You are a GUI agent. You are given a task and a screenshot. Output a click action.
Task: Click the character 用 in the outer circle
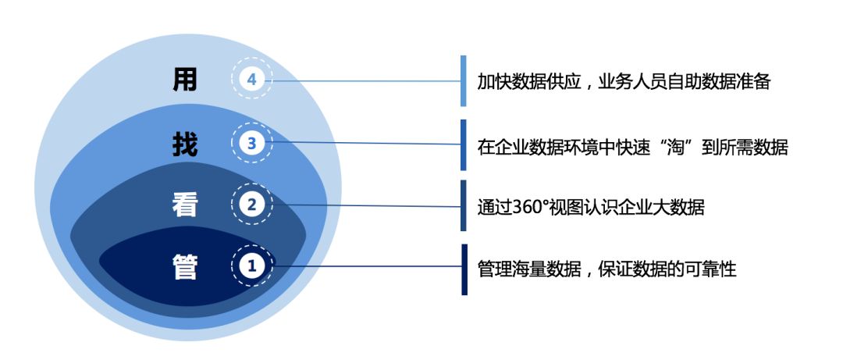tap(185, 80)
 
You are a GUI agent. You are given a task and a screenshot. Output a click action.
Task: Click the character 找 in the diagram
tap(185, 144)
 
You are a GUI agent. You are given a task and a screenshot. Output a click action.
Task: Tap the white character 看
tap(185, 205)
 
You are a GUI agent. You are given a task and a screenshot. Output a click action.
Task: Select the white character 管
tap(185, 266)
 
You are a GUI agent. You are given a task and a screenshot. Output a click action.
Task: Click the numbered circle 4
tap(251, 80)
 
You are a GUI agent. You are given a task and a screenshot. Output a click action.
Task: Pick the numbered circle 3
tap(251, 143)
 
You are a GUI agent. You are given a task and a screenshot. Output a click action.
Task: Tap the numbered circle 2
tap(251, 204)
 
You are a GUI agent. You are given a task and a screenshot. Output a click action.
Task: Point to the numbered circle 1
tap(251, 266)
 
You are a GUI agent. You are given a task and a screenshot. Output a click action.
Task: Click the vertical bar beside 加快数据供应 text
tap(464, 80)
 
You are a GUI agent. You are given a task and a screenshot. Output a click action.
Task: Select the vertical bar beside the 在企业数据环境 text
tap(464, 144)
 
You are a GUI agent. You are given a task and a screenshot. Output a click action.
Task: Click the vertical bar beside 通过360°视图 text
tap(464, 205)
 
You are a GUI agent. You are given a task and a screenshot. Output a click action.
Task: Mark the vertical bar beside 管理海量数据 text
tap(464, 269)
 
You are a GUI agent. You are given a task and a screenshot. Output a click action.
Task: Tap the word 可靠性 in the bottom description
tap(710, 269)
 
